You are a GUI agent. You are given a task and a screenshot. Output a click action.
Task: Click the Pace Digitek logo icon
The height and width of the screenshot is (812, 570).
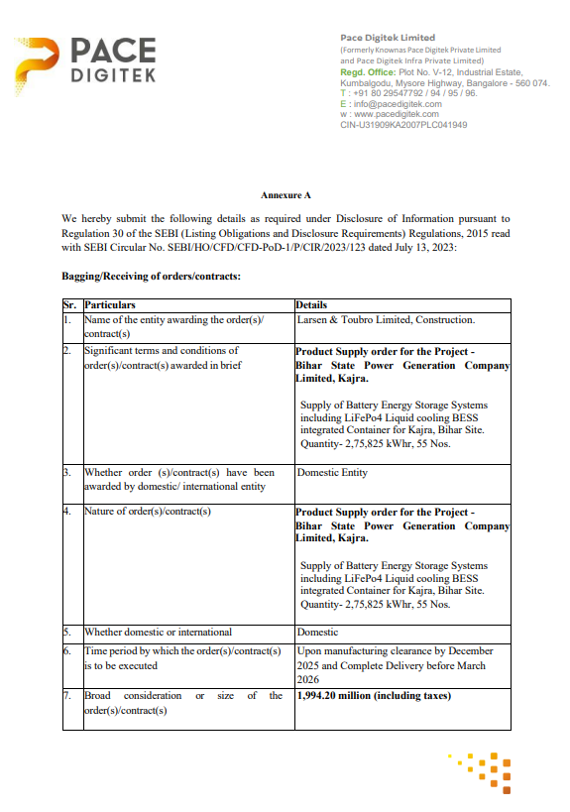44,64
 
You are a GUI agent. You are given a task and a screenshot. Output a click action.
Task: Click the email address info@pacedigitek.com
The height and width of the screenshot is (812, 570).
396,103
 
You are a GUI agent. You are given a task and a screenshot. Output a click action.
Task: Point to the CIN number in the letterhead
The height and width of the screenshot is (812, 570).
403,125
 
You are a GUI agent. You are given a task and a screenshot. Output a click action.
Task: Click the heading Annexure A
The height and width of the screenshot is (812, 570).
285,195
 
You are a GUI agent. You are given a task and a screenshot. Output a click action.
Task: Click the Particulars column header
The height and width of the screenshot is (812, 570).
110,304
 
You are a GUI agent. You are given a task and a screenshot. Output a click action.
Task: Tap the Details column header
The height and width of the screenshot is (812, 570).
311,304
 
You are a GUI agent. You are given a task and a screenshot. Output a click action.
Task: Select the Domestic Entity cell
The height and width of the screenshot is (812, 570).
332,473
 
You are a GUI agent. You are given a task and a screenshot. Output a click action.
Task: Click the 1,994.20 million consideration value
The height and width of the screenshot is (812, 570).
374,695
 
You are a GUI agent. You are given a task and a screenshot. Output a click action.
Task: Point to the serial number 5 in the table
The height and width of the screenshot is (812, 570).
66,632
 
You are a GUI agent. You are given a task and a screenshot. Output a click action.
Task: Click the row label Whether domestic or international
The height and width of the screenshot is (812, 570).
158,632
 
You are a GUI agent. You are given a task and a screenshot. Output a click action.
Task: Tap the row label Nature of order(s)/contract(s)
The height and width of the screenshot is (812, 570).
148,512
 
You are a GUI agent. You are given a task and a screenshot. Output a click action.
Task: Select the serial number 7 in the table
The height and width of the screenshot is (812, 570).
66,695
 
